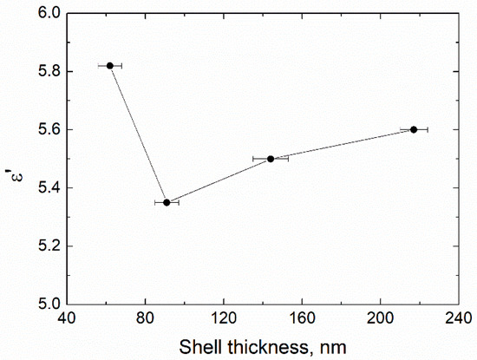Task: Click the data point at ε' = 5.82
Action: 110,66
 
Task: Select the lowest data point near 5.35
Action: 167,202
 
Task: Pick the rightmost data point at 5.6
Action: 414,129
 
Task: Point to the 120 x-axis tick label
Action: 224,318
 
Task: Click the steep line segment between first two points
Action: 138,134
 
